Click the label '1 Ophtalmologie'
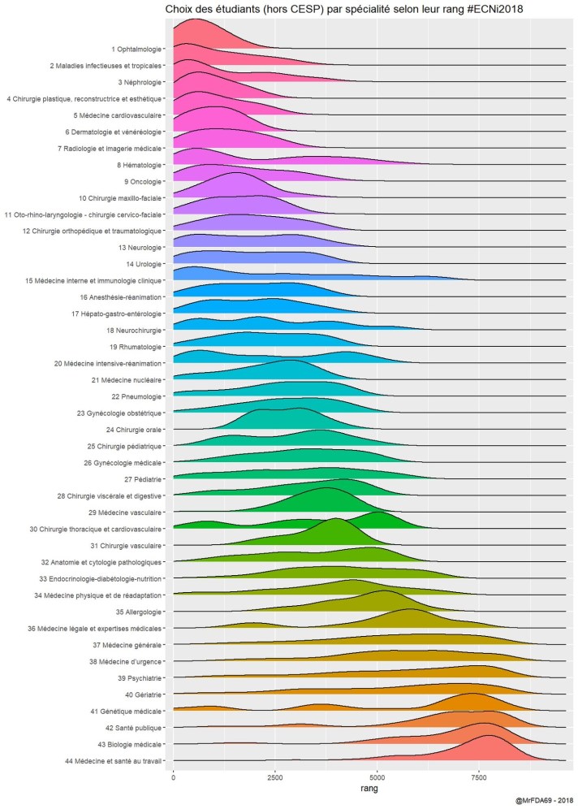click(x=139, y=49)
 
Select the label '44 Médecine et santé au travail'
click(x=115, y=761)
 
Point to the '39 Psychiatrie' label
click(x=140, y=678)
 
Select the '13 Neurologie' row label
click(x=140, y=248)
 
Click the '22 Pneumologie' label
click(x=137, y=396)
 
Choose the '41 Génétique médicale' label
click(x=130, y=712)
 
